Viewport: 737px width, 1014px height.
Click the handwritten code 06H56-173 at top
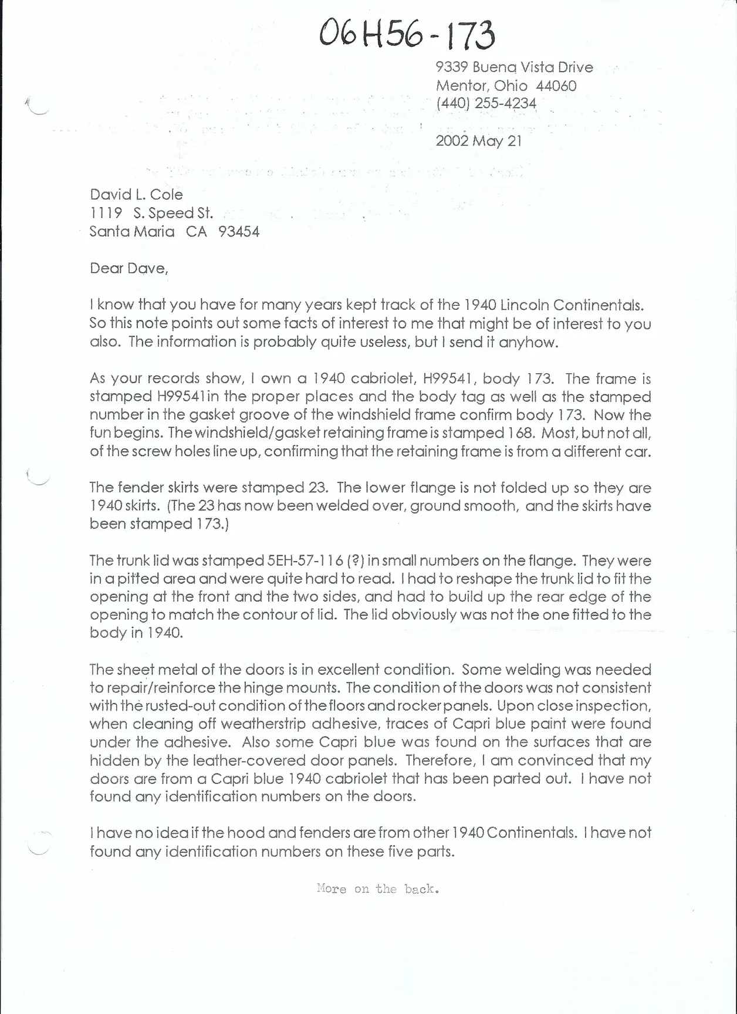click(x=407, y=35)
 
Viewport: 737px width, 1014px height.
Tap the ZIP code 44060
click(x=556, y=86)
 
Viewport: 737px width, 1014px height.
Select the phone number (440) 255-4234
click(x=486, y=104)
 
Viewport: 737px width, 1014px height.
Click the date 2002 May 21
click(x=478, y=141)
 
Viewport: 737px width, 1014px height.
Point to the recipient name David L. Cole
click(x=136, y=195)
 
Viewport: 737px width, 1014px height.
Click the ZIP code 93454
click(x=239, y=232)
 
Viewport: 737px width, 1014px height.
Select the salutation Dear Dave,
click(x=129, y=268)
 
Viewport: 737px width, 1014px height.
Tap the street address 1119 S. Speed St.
click(x=151, y=213)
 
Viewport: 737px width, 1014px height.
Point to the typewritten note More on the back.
click(x=378, y=889)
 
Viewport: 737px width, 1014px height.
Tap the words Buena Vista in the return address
click(x=515, y=67)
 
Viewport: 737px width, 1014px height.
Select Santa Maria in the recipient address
click(x=132, y=232)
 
